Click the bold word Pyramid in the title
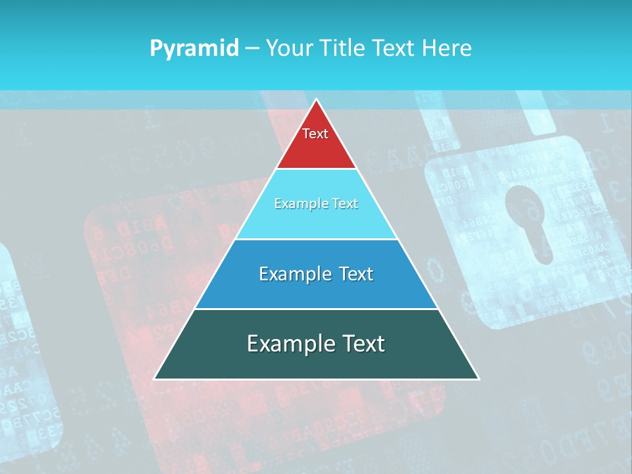[x=194, y=49]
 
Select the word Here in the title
[x=448, y=49]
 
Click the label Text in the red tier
[x=315, y=134]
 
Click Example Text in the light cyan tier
[x=316, y=203]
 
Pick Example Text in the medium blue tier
[x=316, y=274]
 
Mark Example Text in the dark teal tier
[x=316, y=344]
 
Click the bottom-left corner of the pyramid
[x=155, y=379]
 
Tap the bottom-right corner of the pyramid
[x=478, y=379]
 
